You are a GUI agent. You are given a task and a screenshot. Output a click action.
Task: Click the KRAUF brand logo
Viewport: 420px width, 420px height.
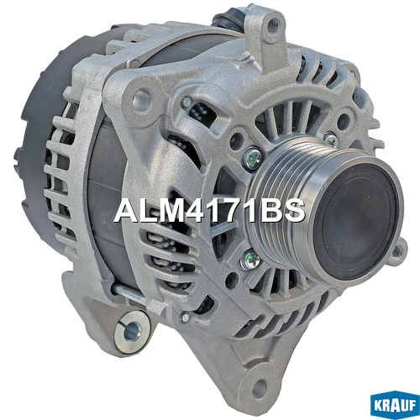395,404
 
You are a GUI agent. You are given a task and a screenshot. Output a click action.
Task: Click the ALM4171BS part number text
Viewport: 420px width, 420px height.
210,212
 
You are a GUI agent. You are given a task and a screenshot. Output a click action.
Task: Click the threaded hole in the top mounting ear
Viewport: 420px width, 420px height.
271,27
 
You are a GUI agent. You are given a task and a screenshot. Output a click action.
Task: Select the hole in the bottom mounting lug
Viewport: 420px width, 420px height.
260,386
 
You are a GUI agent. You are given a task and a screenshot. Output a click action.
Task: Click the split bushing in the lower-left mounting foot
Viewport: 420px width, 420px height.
132,331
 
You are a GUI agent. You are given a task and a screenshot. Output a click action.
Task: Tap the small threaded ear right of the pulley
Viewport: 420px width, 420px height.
397,251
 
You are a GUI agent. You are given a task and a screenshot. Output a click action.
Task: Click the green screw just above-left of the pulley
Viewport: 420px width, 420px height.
252,158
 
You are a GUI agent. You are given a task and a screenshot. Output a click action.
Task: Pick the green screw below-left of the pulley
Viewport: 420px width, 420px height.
249,260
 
